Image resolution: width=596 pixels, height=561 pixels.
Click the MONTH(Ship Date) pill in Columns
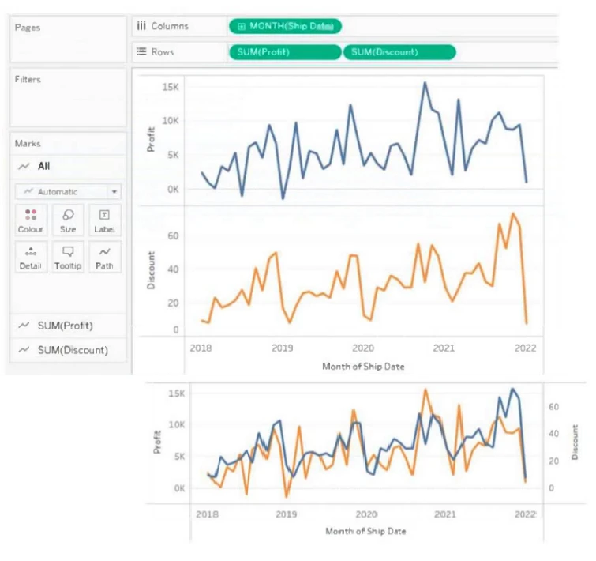click(286, 27)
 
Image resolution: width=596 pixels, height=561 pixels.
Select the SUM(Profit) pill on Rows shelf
click(285, 52)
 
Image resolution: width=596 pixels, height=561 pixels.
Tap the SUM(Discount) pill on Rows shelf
click(399, 52)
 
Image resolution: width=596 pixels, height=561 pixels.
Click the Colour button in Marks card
click(30, 220)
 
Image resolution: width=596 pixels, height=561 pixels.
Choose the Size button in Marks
click(68, 220)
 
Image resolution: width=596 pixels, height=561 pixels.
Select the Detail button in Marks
click(30, 258)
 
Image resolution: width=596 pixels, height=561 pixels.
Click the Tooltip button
click(68, 258)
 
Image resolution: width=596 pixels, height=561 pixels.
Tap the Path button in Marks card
click(104, 258)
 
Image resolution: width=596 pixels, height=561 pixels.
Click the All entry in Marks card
click(43, 167)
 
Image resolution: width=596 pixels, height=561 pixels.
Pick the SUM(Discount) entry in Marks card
click(72, 350)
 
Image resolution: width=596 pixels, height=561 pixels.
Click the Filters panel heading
click(28, 80)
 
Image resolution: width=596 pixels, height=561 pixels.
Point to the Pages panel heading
click(27, 28)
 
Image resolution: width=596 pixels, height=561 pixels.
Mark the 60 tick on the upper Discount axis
click(174, 235)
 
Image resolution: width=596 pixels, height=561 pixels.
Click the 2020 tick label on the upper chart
click(362, 348)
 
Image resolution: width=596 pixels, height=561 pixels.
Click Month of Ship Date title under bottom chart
click(365, 531)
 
